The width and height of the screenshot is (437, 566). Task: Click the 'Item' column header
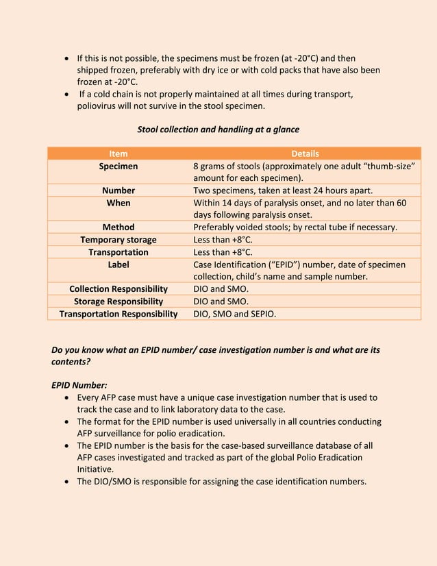click(x=118, y=153)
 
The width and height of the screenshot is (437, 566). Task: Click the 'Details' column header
click(x=305, y=153)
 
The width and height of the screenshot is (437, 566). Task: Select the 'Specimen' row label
click(x=118, y=166)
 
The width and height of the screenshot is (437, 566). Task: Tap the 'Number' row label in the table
click(x=118, y=190)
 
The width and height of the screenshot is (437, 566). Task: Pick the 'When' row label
click(x=118, y=203)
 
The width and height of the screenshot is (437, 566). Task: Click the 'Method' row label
click(x=118, y=227)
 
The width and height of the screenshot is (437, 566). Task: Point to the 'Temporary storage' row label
click(x=118, y=239)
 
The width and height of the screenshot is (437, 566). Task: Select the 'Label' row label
click(x=118, y=264)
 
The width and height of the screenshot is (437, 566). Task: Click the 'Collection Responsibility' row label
click(x=118, y=288)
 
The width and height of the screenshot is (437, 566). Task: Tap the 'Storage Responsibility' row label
click(x=118, y=301)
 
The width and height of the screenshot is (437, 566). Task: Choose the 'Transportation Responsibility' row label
click(x=118, y=313)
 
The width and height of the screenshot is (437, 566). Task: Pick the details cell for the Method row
click(x=295, y=227)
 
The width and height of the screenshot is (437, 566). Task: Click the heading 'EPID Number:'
click(x=79, y=385)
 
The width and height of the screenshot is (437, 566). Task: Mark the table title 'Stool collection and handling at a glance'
click(x=218, y=130)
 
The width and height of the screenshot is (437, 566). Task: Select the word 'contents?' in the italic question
click(x=71, y=361)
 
